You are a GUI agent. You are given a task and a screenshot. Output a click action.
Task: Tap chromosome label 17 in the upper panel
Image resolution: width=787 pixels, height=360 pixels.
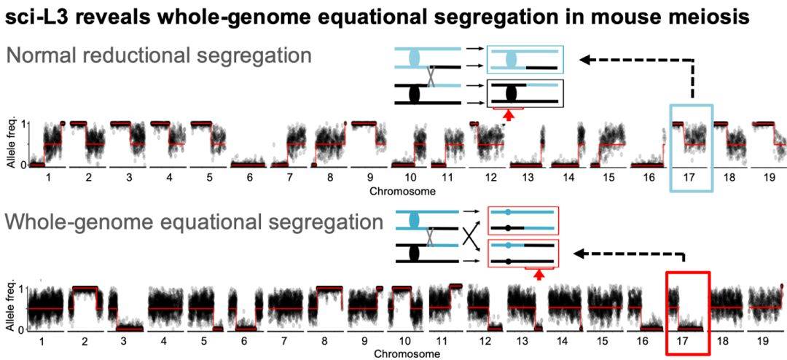(691, 177)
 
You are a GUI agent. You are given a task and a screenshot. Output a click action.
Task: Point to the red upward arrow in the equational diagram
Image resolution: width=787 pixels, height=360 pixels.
(539, 275)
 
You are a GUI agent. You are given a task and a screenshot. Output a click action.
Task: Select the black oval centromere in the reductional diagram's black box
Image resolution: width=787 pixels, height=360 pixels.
(510, 94)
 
